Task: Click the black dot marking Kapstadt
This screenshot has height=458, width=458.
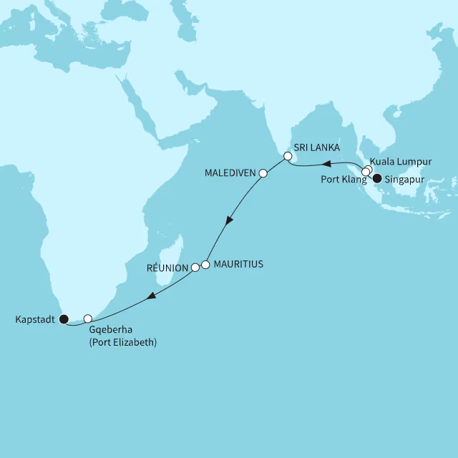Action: [x=64, y=318]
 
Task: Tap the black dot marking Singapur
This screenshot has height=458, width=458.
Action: [x=377, y=180]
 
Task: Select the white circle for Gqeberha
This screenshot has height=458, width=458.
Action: [x=88, y=318]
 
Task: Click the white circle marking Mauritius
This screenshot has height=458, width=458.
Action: [x=206, y=264]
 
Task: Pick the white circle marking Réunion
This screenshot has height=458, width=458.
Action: [x=195, y=268]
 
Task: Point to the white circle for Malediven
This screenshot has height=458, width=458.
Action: [x=263, y=173]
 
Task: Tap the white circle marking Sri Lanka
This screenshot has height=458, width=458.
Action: [x=288, y=155]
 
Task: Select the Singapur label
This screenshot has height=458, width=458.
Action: [x=404, y=180]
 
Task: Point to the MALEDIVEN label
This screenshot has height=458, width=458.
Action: [x=230, y=173]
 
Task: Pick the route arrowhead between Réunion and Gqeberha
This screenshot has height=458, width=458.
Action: [x=150, y=298]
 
